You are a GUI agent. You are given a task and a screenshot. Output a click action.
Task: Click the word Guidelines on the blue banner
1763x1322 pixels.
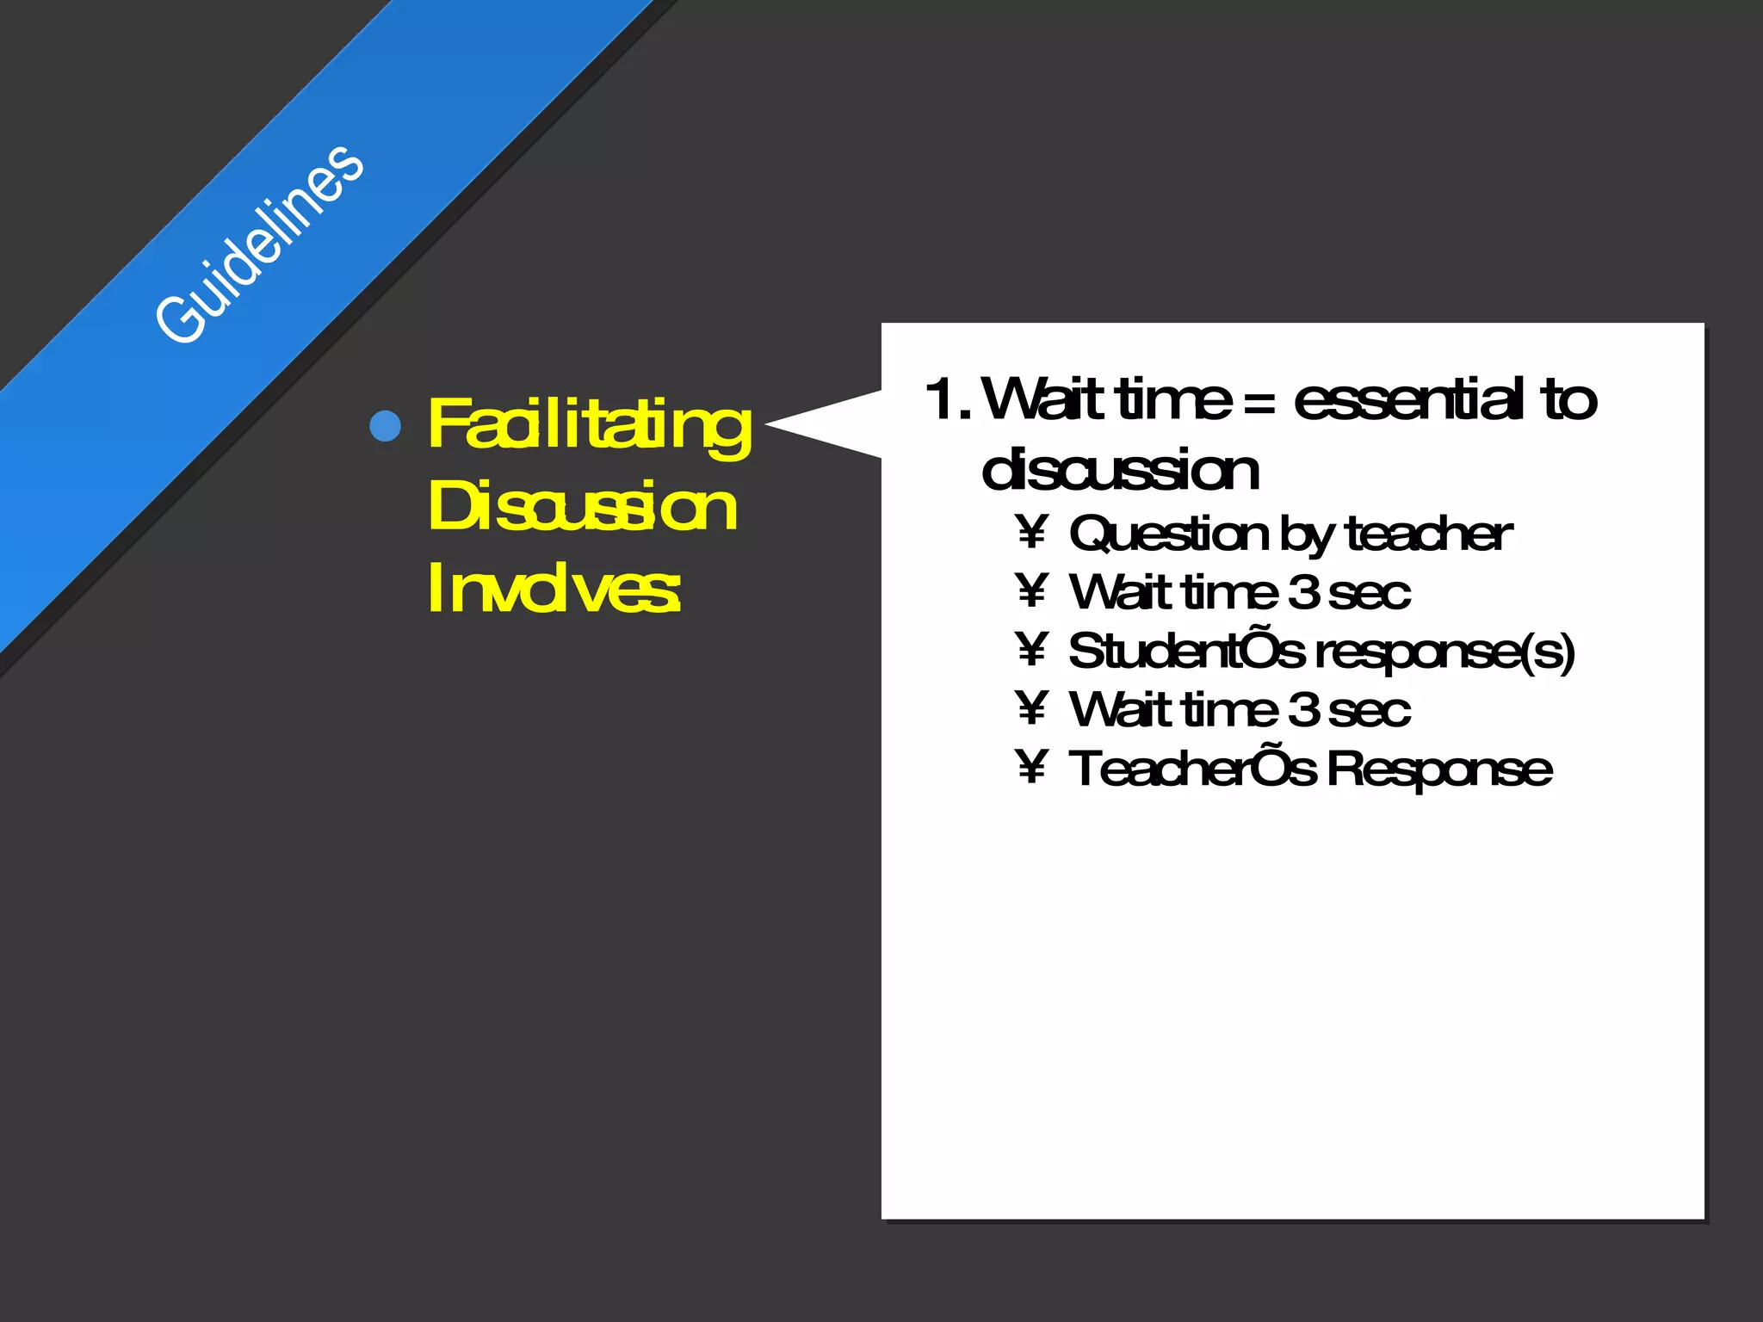259,244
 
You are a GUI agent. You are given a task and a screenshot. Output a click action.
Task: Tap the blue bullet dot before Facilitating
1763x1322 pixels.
385,425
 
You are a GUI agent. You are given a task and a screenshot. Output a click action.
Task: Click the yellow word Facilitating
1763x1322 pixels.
589,425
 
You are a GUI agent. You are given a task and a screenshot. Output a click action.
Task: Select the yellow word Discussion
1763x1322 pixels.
582,506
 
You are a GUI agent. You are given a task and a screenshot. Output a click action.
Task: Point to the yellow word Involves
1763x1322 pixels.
554,588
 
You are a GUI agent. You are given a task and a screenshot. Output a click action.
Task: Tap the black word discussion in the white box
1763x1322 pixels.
1120,470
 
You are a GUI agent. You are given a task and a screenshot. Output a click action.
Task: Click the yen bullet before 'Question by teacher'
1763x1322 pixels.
1031,533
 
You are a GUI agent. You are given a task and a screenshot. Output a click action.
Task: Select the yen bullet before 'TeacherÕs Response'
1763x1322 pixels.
1031,767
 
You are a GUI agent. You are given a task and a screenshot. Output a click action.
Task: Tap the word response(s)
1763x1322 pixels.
1446,652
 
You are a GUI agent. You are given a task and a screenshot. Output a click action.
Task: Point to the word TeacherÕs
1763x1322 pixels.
1191,769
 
